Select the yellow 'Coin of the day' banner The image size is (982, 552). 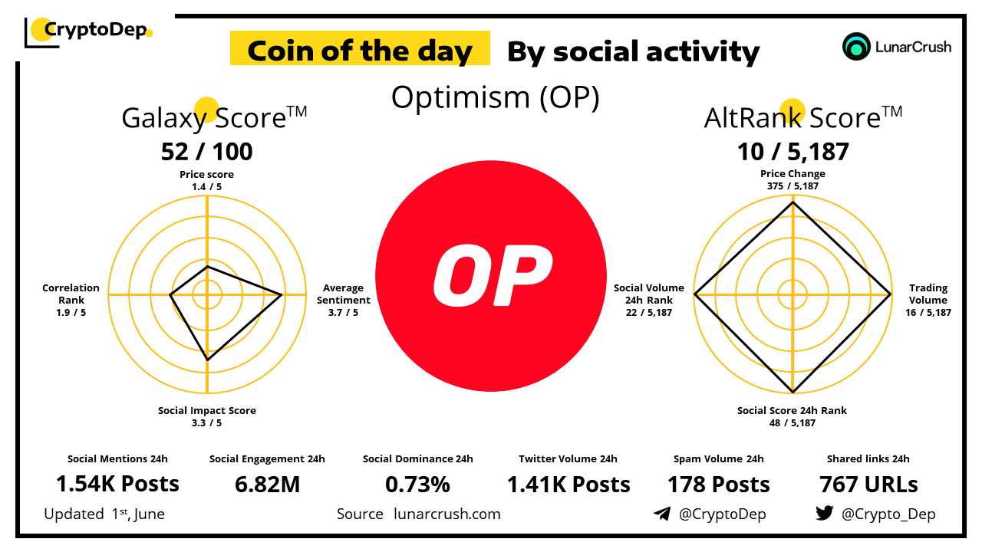360,51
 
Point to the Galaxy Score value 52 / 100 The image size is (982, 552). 206,152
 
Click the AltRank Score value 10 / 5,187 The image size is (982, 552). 793,152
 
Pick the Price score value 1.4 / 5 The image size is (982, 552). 206,186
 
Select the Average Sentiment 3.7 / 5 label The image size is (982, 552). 343,300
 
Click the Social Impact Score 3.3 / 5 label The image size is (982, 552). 206,416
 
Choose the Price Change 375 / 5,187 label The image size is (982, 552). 793,179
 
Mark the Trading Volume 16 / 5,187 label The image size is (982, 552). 928,300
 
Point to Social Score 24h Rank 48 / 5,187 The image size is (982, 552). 793,416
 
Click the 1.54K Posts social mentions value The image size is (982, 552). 117,484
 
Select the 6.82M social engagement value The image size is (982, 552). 267,484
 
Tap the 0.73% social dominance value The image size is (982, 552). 417,484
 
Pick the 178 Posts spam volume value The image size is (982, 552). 718,484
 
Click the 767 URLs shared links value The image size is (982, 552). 868,484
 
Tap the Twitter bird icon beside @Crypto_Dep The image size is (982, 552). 825,514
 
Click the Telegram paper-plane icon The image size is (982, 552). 661,514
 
